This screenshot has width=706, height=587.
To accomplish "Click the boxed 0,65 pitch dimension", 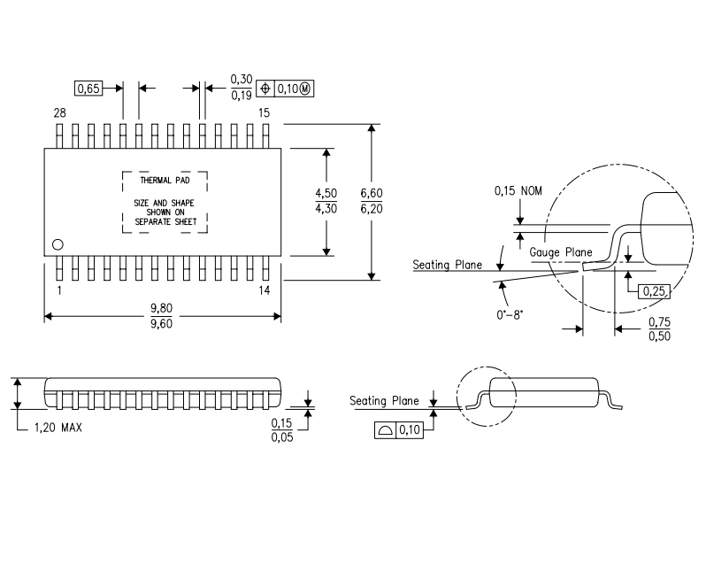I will click(x=88, y=89).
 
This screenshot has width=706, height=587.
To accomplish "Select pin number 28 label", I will click(x=59, y=112).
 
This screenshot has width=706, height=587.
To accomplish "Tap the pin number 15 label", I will click(x=264, y=112).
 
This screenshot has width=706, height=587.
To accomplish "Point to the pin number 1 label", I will click(x=59, y=290).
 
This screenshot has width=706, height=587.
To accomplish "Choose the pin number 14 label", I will click(x=264, y=290).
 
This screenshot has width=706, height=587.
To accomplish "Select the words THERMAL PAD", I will click(x=164, y=180).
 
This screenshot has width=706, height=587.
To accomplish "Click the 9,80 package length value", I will click(x=161, y=307).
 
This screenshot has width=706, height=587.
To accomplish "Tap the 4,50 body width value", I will click(x=326, y=193).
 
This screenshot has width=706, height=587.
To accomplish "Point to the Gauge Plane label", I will click(x=561, y=252).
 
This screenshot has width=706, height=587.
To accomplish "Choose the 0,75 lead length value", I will click(x=658, y=321).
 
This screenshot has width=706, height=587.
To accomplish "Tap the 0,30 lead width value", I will click(x=242, y=80).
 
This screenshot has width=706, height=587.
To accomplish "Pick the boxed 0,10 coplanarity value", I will click(x=410, y=430).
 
